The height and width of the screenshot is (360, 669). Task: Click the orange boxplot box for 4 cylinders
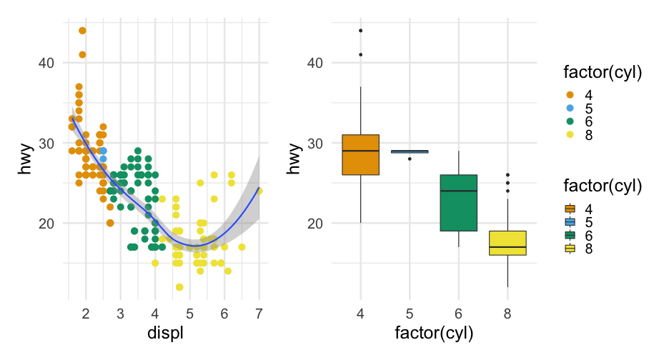click(x=360, y=155)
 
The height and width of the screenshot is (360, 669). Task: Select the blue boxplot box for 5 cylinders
click(x=410, y=151)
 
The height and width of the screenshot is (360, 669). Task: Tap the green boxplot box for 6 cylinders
click(x=458, y=202)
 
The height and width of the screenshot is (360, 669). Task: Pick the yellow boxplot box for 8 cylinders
click(x=507, y=243)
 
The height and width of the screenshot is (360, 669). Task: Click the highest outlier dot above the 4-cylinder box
click(x=360, y=31)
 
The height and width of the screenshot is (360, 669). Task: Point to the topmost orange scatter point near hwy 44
click(x=82, y=31)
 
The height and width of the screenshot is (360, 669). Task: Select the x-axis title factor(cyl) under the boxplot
click(x=434, y=333)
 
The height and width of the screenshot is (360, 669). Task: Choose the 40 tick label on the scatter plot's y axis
click(x=46, y=63)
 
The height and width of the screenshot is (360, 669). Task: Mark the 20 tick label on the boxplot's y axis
click(x=314, y=224)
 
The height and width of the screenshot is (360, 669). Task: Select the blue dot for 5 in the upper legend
click(x=570, y=108)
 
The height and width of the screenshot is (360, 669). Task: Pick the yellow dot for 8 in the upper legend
click(x=570, y=134)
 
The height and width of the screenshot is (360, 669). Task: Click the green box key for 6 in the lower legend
click(x=570, y=235)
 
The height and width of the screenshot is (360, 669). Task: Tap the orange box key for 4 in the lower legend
click(x=570, y=209)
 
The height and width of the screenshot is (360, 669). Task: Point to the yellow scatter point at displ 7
click(x=259, y=191)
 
